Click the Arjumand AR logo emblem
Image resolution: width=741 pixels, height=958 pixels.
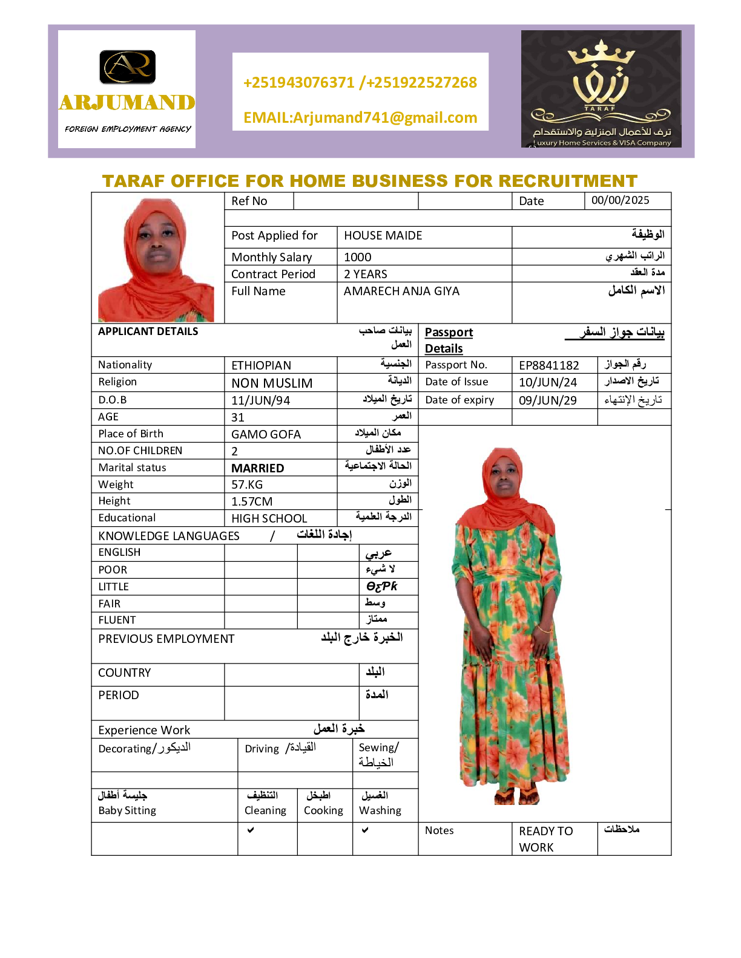click(127, 67)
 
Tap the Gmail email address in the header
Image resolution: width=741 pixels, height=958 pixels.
click(360, 117)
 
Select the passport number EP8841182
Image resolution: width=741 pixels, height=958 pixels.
click(548, 365)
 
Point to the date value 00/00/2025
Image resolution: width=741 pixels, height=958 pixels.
click(620, 201)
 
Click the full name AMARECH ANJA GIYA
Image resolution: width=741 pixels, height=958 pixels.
click(401, 292)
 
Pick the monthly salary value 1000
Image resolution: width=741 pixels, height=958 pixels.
click(358, 257)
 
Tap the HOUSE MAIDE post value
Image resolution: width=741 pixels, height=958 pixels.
click(383, 236)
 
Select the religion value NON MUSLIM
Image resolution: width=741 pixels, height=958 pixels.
click(272, 383)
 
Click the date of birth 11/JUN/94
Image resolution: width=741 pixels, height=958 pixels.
click(260, 400)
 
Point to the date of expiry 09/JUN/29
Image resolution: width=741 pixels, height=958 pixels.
click(547, 400)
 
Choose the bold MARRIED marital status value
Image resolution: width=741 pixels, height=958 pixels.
click(257, 468)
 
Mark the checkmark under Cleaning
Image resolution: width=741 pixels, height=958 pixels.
click(251, 830)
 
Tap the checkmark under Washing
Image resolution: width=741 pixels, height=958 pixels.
click(365, 830)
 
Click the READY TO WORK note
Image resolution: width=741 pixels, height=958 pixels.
click(545, 839)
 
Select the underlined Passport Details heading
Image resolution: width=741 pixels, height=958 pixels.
click(448, 340)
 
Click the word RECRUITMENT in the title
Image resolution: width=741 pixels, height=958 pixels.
click(568, 181)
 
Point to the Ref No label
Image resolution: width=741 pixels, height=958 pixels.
click(249, 201)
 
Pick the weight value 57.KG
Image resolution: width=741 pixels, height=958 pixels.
click(247, 484)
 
